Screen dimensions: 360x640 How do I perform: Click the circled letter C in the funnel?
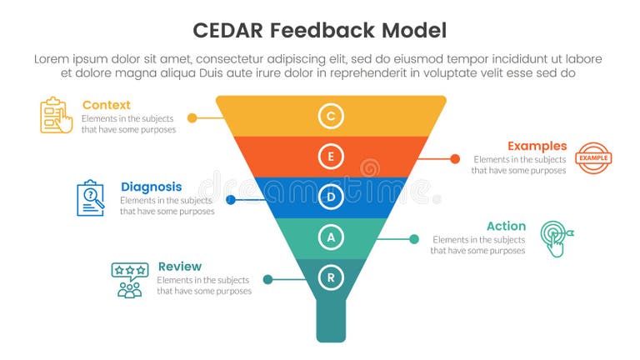click(x=331, y=116)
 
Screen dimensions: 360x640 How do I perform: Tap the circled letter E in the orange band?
click(x=331, y=157)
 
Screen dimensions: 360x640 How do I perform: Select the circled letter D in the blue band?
click(x=331, y=197)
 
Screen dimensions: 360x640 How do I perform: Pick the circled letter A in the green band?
click(x=331, y=237)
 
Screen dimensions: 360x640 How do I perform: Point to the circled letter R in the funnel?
click(x=331, y=277)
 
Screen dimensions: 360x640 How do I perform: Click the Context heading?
click(x=106, y=105)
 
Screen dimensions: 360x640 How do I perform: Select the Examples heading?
click(x=537, y=146)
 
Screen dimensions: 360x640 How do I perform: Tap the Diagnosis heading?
click(x=151, y=186)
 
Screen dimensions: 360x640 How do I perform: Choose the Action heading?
click(x=506, y=226)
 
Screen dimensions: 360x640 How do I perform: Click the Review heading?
click(x=179, y=267)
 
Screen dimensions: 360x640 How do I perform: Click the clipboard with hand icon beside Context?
click(x=57, y=115)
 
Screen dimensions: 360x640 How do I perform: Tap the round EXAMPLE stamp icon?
click(x=593, y=157)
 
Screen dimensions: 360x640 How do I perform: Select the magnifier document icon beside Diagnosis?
click(x=91, y=198)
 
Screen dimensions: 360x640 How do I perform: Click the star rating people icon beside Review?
click(x=129, y=280)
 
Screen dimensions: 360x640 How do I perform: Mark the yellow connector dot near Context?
click(x=192, y=118)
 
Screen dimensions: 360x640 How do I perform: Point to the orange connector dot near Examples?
click(x=455, y=158)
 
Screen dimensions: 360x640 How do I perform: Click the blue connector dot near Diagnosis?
click(x=231, y=199)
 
